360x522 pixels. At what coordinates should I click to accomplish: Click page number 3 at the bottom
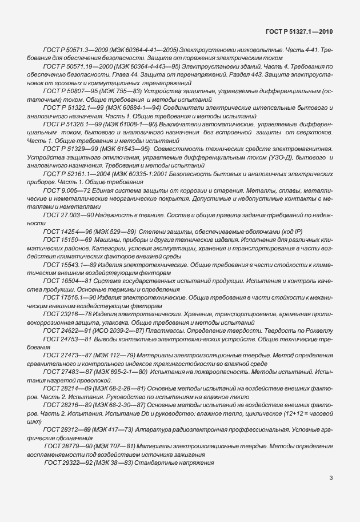[332, 477]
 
